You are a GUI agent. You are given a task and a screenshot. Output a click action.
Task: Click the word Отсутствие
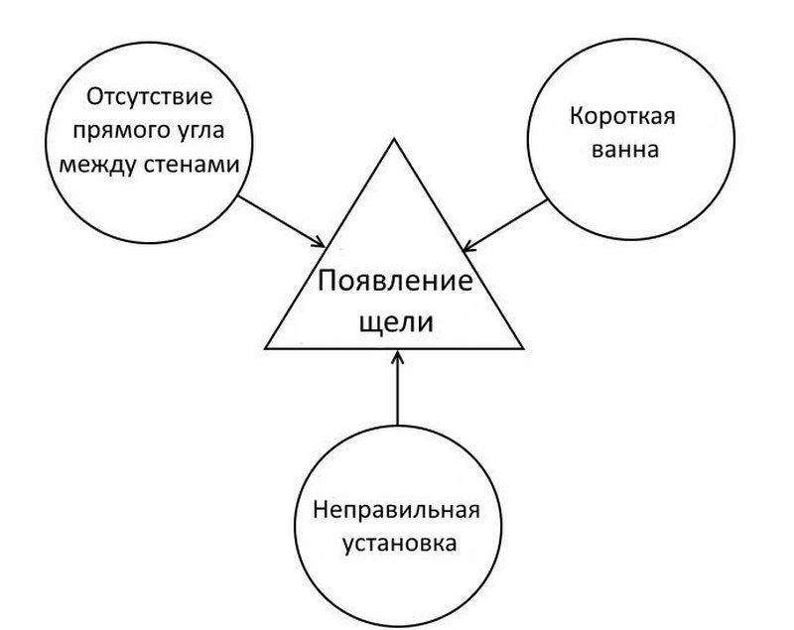click(x=150, y=96)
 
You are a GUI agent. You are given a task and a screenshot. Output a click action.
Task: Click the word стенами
click(x=192, y=165)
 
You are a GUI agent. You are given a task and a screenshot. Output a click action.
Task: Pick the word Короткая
click(x=622, y=116)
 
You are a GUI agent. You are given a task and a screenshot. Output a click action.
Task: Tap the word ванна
click(x=625, y=150)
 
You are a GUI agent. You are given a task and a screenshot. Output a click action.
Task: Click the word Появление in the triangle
click(x=395, y=281)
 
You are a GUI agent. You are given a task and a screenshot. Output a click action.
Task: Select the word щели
click(x=396, y=321)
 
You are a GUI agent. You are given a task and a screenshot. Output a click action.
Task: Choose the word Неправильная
click(x=396, y=510)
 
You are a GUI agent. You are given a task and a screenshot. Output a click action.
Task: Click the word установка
click(x=400, y=544)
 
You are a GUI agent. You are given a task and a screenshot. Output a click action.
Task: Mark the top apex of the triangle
click(x=394, y=139)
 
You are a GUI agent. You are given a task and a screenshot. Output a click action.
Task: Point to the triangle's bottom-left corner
click(x=265, y=348)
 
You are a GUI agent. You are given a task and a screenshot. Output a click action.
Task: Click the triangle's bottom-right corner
click(x=523, y=348)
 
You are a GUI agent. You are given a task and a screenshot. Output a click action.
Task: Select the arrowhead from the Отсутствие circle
click(x=319, y=243)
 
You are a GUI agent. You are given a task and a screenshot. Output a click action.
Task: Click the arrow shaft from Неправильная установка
click(x=398, y=388)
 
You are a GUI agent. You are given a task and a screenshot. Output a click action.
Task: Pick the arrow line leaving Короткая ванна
click(x=505, y=224)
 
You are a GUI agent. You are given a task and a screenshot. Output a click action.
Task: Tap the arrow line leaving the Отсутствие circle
click(x=282, y=222)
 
